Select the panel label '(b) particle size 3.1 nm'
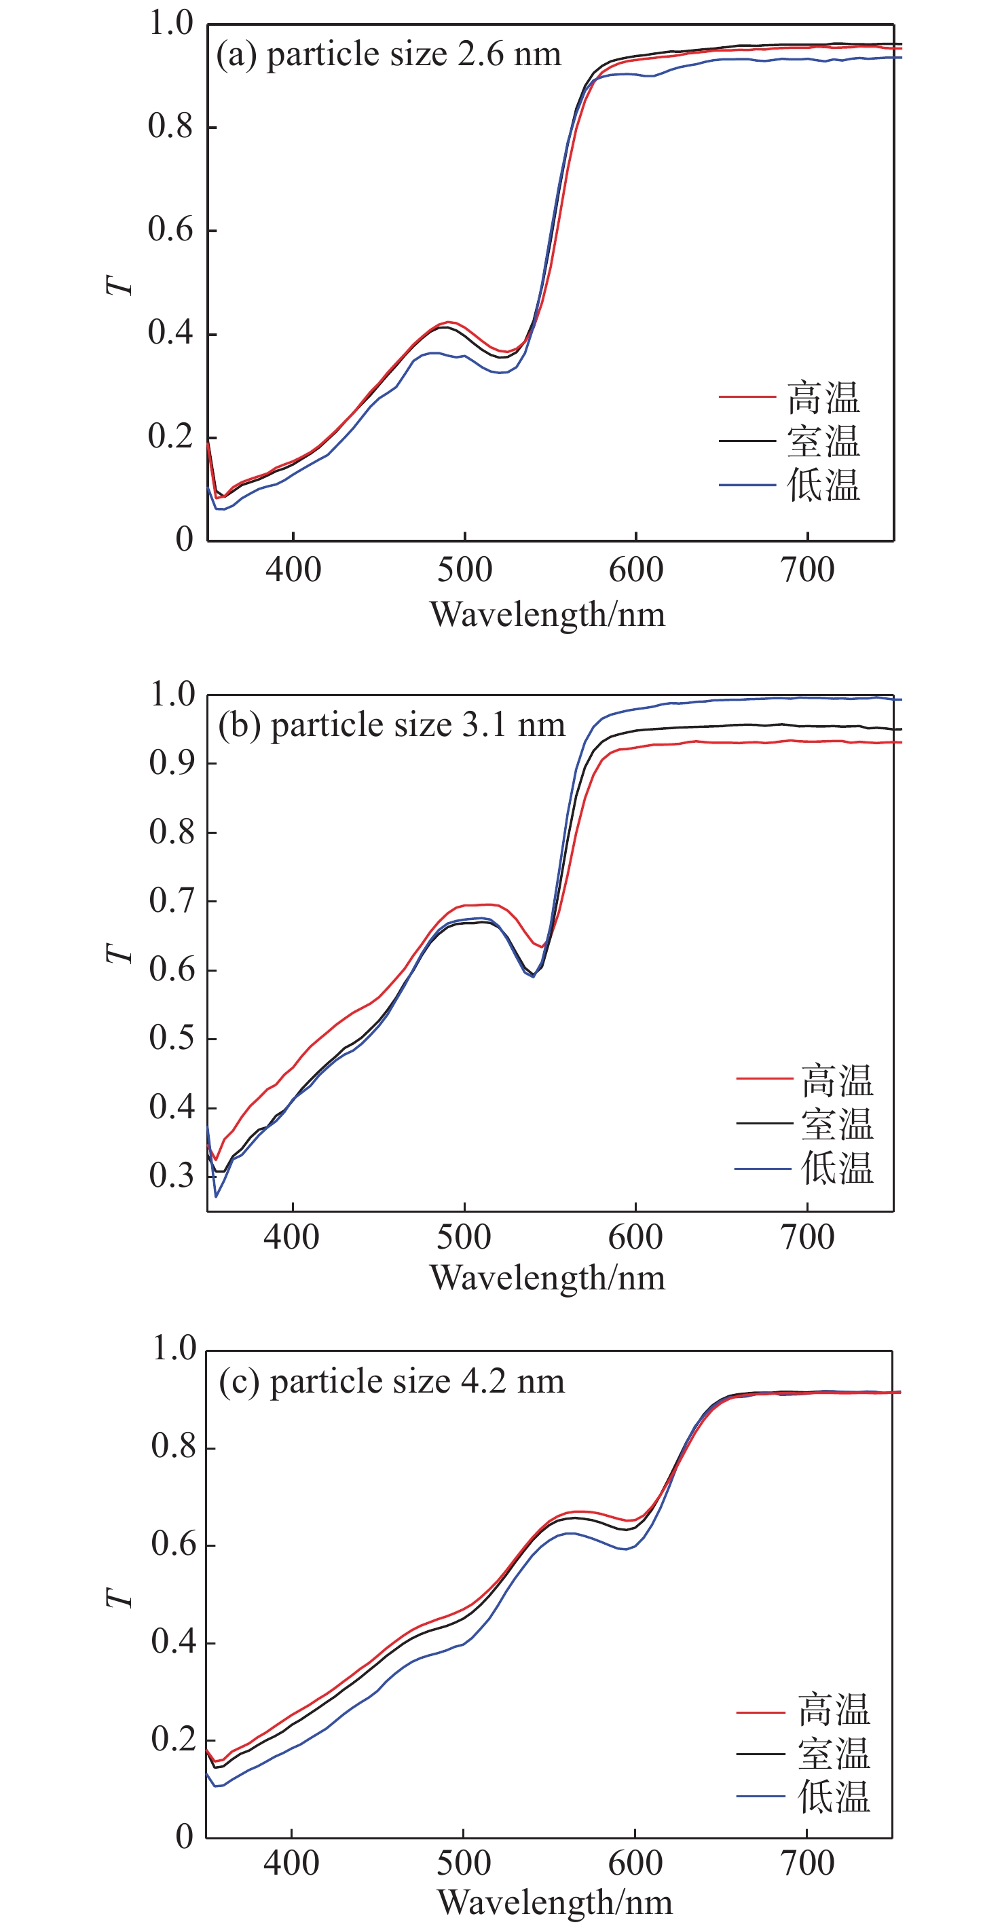point(391,725)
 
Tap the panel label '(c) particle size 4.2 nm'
point(391,1382)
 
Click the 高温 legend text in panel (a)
point(823,398)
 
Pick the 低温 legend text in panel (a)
point(823,485)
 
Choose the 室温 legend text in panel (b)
point(836,1124)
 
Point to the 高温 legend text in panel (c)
point(834,1710)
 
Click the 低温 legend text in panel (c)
point(834,1797)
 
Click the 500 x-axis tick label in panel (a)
point(464,570)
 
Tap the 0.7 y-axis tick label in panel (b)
point(172,901)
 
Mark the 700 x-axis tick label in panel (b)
point(807,1237)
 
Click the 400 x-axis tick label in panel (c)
point(291,1863)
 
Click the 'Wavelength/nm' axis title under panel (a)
point(547,614)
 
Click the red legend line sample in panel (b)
point(764,1078)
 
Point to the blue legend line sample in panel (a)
point(747,485)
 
